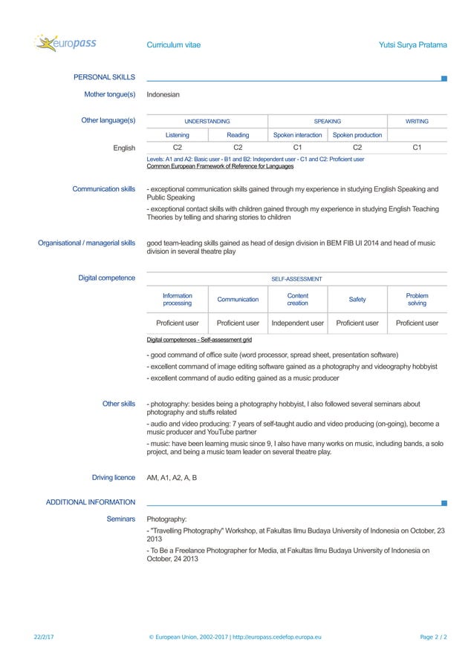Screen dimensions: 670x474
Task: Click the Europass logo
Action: pyautogui.click(x=65, y=44)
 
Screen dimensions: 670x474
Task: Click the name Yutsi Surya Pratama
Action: pyautogui.click(x=412, y=45)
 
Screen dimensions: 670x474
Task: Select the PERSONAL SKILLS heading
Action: pyautogui.click(x=104, y=77)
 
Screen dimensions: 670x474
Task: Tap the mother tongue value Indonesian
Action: pyautogui.click(x=163, y=95)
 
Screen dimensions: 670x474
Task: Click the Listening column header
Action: pyautogui.click(x=177, y=135)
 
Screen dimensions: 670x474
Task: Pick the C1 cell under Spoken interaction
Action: pyautogui.click(x=297, y=148)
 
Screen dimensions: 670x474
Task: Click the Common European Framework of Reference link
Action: pyautogui.click(x=220, y=166)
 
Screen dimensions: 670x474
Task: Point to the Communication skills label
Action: pyautogui.click(x=103, y=189)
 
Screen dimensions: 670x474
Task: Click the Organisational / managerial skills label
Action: pyautogui.click(x=86, y=243)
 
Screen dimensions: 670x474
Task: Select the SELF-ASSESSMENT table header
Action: pyautogui.click(x=296, y=279)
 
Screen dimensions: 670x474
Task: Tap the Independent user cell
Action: pyautogui.click(x=297, y=323)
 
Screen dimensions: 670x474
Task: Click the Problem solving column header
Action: pyautogui.click(x=417, y=299)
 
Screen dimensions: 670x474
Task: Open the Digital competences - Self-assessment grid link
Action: pyautogui.click(x=199, y=340)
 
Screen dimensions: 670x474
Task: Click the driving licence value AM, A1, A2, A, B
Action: pyautogui.click(x=172, y=478)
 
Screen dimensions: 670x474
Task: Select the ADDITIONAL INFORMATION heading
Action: pyautogui.click(x=91, y=503)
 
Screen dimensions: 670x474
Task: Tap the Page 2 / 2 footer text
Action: pyautogui.click(x=433, y=637)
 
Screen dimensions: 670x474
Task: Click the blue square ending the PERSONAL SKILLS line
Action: pyautogui.click(x=444, y=78)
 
